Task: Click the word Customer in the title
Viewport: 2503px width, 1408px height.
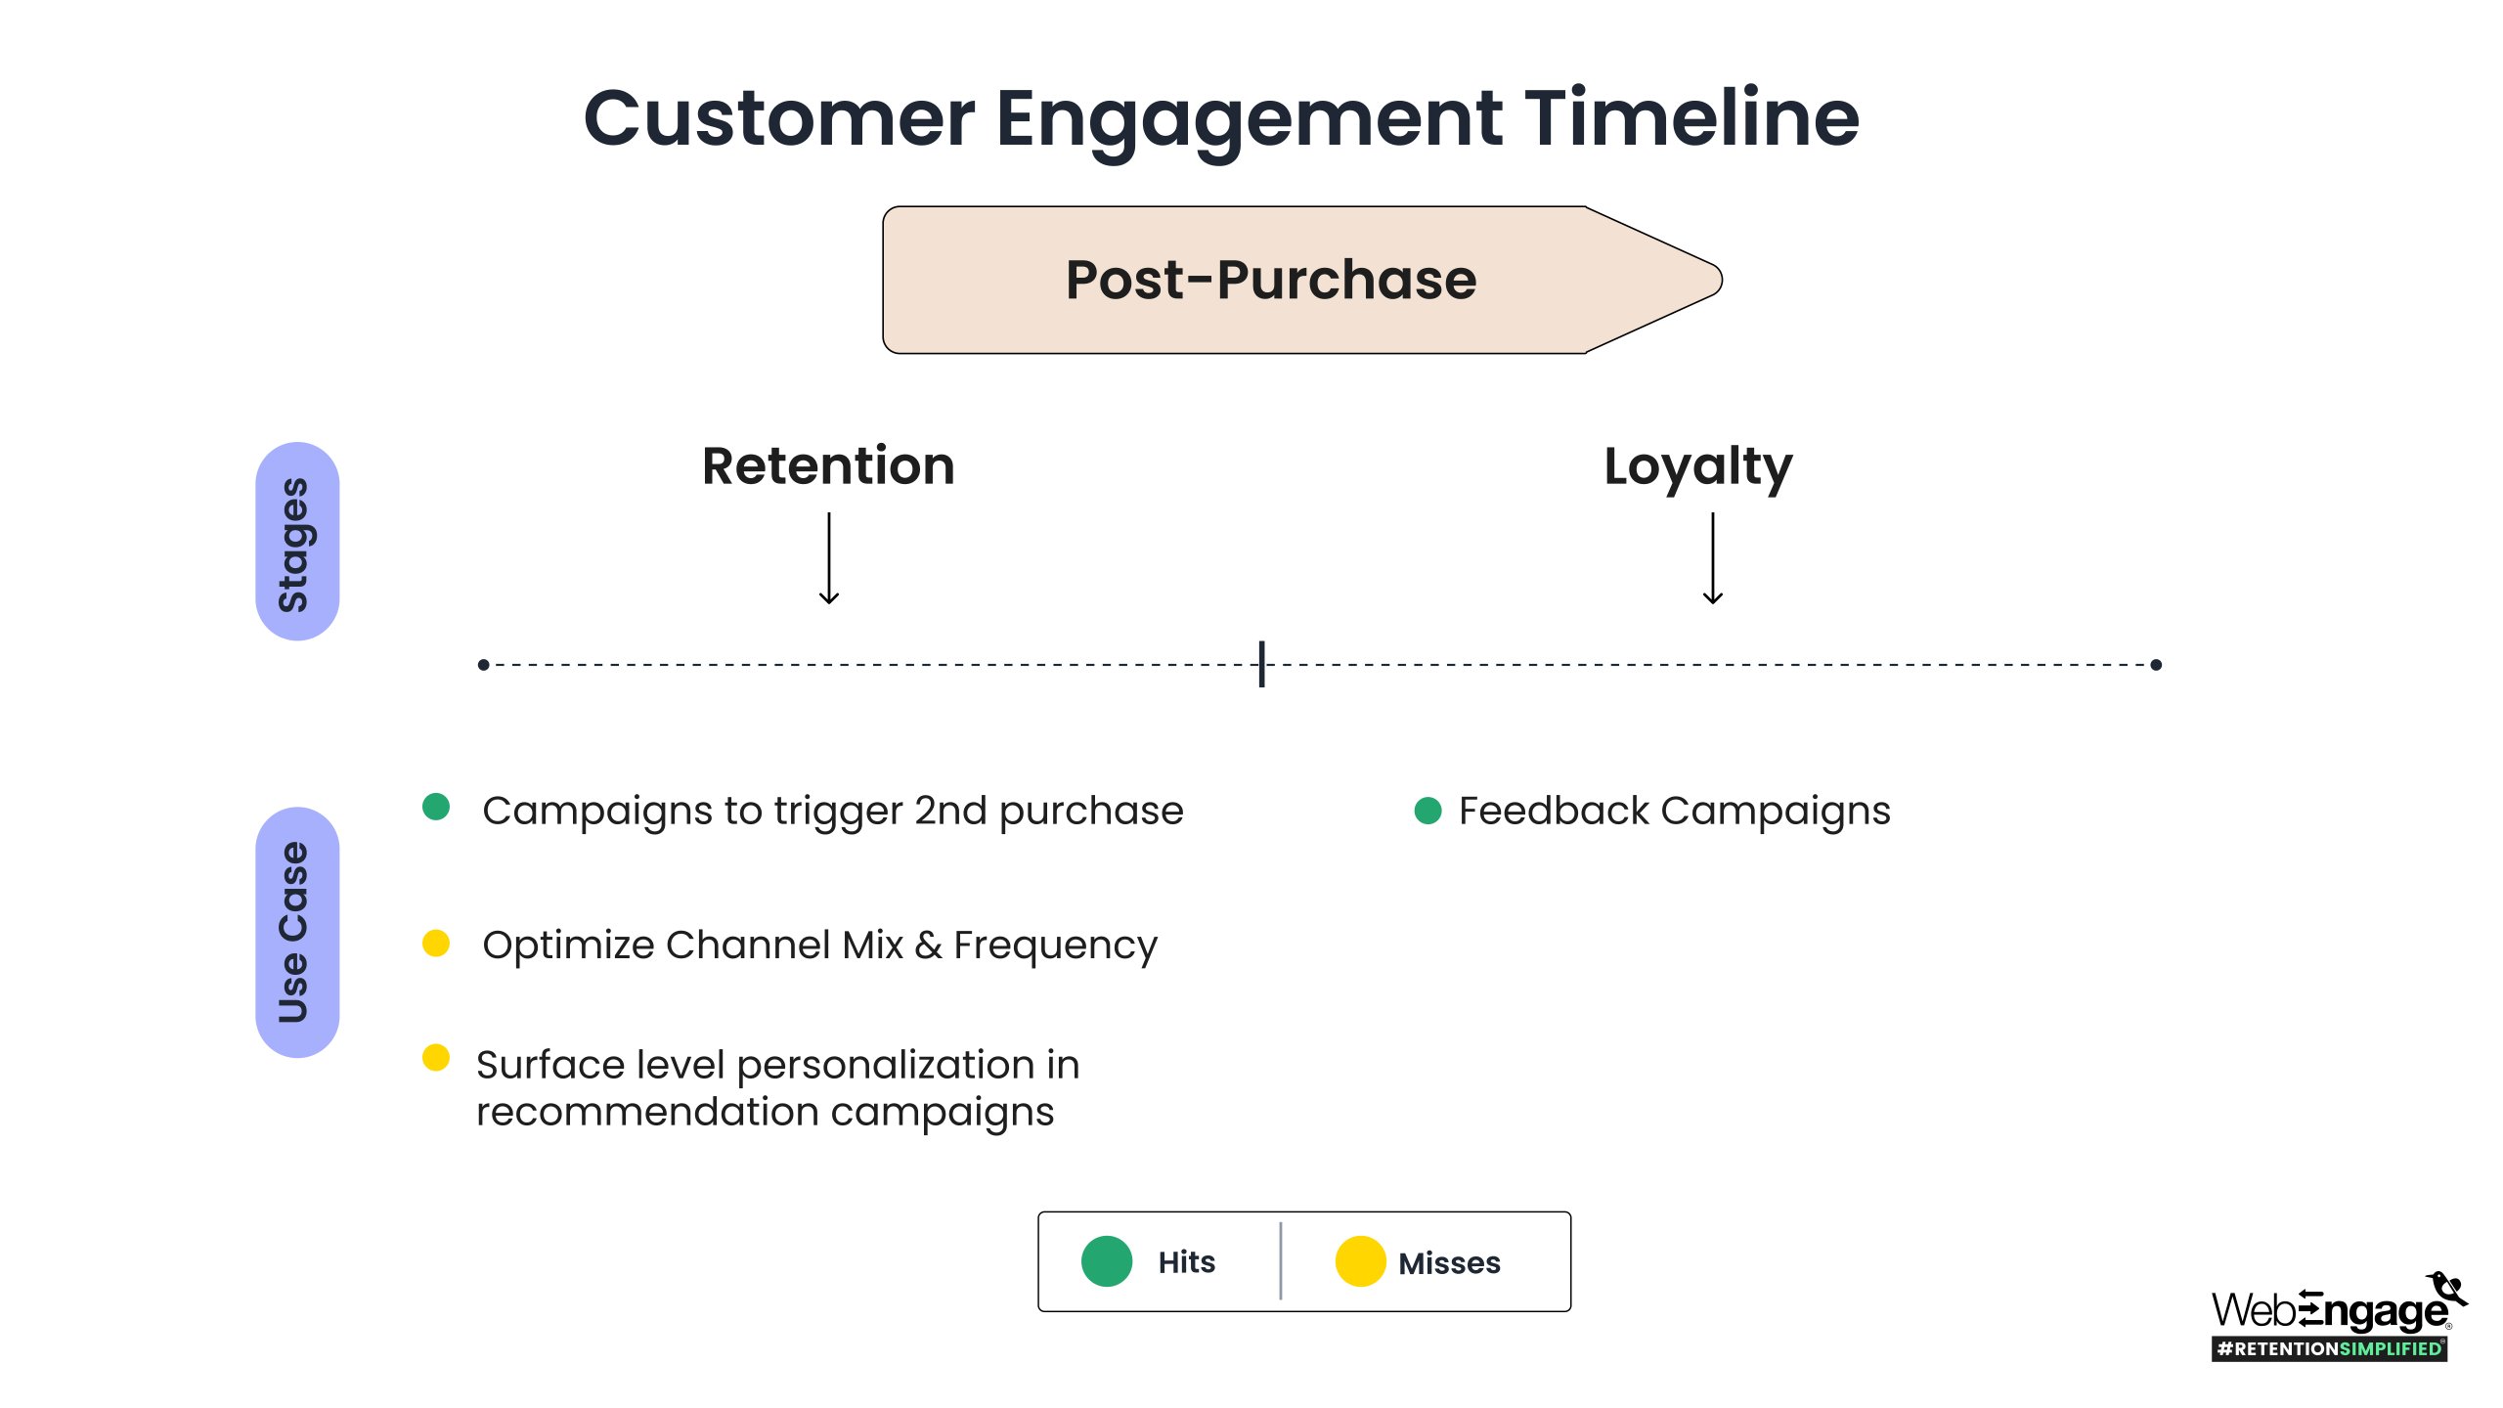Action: (x=779, y=119)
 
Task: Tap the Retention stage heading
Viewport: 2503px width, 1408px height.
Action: (x=828, y=465)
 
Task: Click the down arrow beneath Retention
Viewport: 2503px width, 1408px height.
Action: (x=829, y=558)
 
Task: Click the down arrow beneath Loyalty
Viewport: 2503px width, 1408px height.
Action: (x=1713, y=558)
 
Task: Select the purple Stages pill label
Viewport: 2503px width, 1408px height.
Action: (x=297, y=542)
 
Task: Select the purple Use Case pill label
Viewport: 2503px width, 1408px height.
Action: (x=297, y=932)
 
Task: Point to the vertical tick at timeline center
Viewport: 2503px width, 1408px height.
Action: (x=1262, y=664)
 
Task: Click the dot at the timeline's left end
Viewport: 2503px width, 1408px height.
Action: (x=483, y=665)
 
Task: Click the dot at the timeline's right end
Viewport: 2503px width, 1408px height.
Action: (x=2156, y=665)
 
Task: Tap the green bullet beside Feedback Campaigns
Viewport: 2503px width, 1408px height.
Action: (x=1428, y=811)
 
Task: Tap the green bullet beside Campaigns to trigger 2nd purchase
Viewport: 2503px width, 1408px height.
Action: (x=436, y=807)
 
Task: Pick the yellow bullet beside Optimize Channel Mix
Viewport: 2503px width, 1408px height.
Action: (x=436, y=944)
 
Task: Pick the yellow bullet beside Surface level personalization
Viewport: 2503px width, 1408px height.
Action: (x=436, y=1058)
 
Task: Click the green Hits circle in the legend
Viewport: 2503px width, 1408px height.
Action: (x=1107, y=1261)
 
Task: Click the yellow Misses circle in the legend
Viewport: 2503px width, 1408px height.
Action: (x=1361, y=1261)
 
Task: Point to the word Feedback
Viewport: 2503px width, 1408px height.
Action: (x=1555, y=811)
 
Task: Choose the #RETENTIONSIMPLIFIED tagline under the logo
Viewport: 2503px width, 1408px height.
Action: (x=2330, y=1349)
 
